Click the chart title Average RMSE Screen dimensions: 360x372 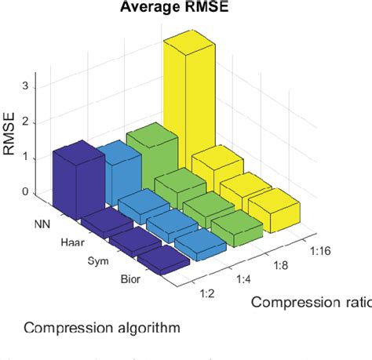click(169, 9)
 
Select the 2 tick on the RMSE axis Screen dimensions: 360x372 click(28, 122)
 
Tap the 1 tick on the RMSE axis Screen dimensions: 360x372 click(28, 157)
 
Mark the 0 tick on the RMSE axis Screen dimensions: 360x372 click(28, 192)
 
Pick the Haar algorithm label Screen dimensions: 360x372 click(71, 242)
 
